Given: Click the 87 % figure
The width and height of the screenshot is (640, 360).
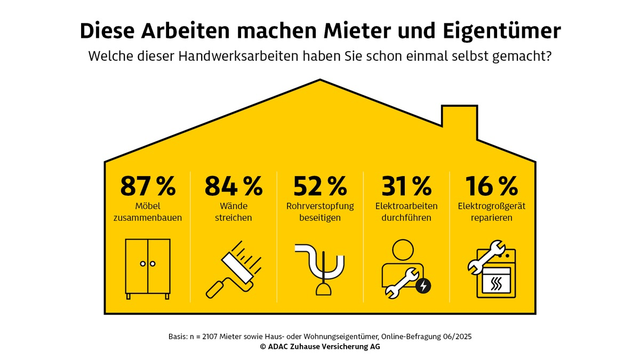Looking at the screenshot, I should coord(148,186).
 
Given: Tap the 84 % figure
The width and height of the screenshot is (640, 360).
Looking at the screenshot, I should coord(234,186).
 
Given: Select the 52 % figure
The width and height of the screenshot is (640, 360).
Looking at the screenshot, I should coord(320,186).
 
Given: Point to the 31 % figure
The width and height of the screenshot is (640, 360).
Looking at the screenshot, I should coord(406,186).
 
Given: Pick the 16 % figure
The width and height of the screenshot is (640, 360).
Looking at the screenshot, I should coord(492,186).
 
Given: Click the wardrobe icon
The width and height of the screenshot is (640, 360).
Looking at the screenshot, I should coord(148,268).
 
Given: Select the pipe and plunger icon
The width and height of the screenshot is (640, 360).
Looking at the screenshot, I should coord(320,269).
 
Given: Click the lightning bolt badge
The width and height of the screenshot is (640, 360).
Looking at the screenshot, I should coord(423,286).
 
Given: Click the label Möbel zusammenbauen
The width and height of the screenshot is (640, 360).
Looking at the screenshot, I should coord(148,212).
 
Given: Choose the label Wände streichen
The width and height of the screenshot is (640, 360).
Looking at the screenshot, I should coord(234,212).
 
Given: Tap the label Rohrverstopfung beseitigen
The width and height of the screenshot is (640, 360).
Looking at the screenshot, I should coord(320,212).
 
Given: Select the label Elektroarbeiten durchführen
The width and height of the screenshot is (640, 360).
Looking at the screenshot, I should coord(406,212).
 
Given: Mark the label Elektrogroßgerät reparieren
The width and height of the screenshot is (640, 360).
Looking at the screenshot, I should coord(492,212).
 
